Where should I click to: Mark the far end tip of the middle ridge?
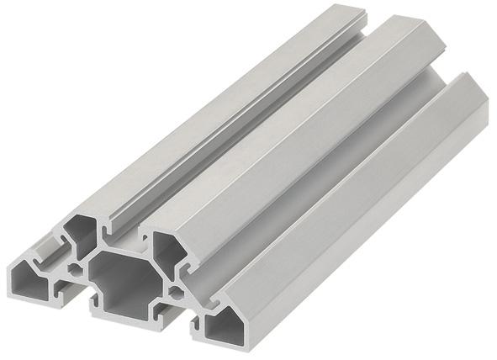click(420, 24)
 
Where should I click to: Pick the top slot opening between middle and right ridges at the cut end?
click(198, 273)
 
